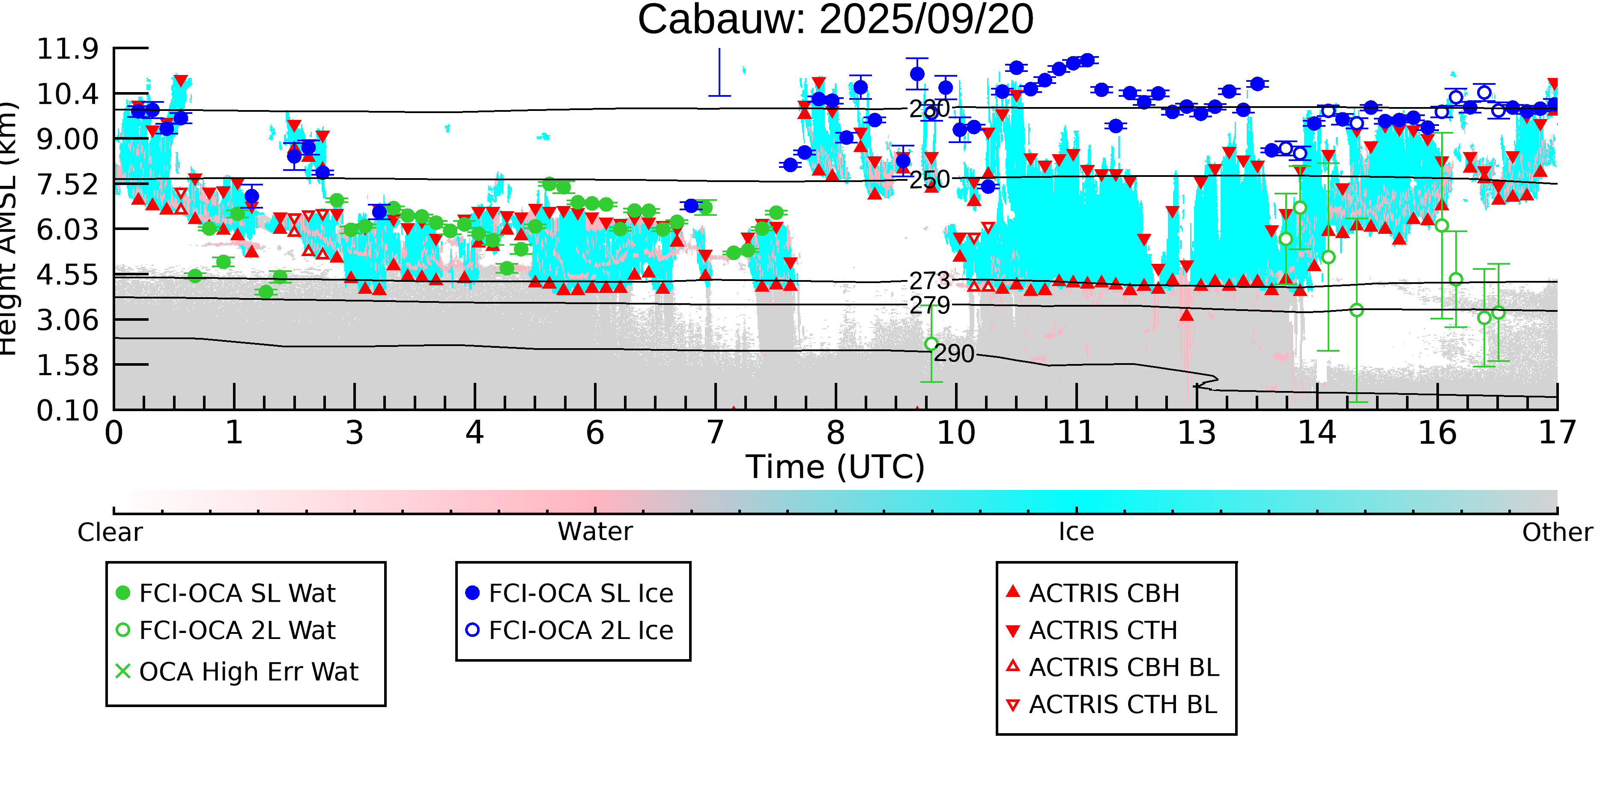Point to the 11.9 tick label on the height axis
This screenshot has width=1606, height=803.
point(67,49)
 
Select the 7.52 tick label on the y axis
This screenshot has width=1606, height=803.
point(67,185)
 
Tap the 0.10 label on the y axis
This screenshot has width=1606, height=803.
point(67,411)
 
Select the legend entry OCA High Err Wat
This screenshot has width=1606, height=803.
point(248,672)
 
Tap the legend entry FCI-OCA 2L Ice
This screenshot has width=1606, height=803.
point(580,630)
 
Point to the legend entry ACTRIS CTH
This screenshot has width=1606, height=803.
point(1103,630)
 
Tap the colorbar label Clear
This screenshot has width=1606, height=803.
point(110,532)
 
